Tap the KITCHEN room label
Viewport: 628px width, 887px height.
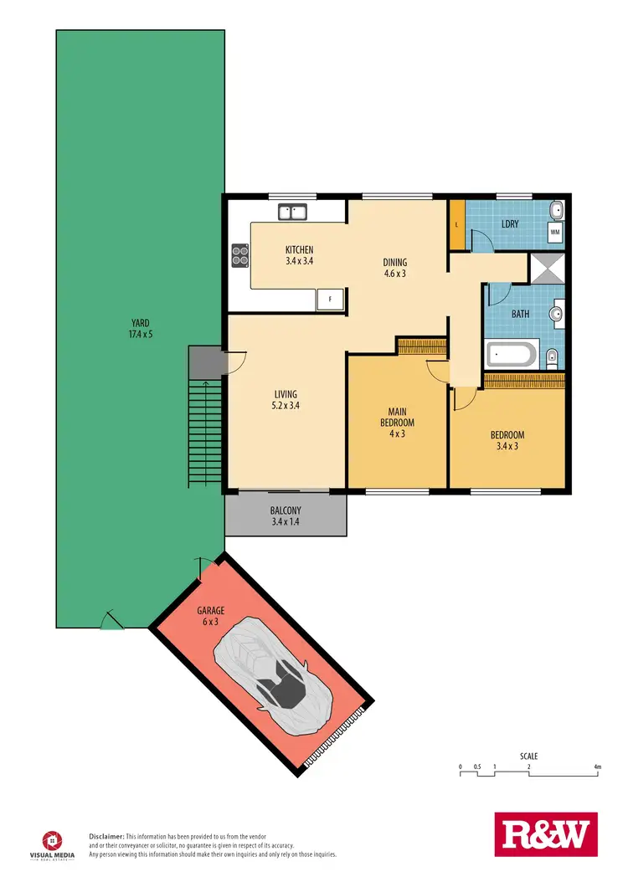[x=299, y=255]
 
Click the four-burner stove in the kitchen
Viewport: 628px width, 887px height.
[x=239, y=254]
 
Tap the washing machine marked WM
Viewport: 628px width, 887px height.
[x=555, y=232]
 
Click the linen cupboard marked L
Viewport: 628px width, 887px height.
[x=456, y=225]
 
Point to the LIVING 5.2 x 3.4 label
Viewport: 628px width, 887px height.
[x=286, y=400]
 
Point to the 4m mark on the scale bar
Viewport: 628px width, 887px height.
[x=597, y=767]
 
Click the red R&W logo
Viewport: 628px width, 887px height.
[x=546, y=834]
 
